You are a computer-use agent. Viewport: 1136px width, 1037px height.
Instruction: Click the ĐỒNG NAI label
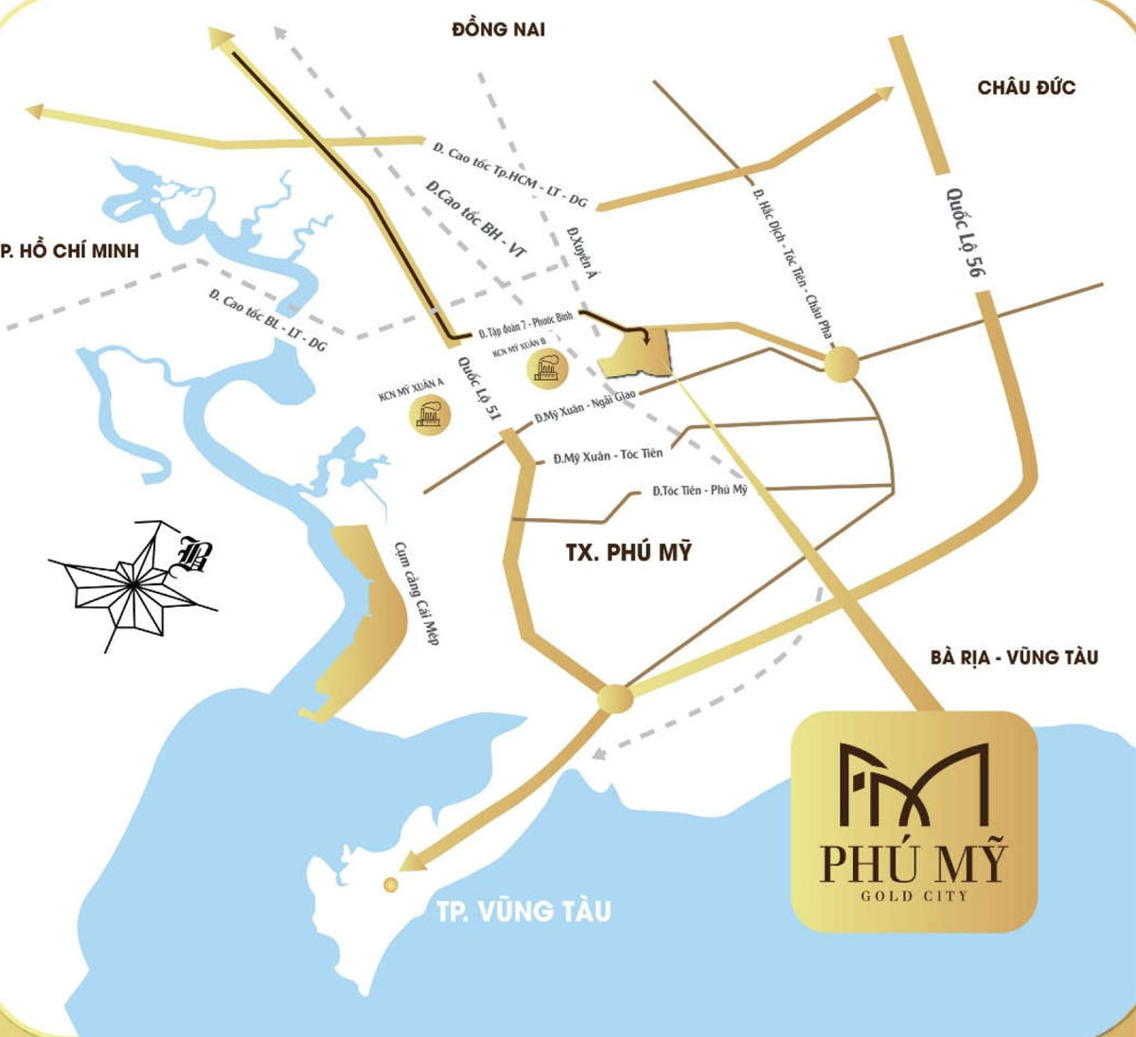[x=498, y=29]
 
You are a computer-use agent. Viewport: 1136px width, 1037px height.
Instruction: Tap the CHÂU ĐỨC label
[x=1026, y=87]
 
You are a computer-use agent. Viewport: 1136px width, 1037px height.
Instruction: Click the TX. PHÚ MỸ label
[x=629, y=551]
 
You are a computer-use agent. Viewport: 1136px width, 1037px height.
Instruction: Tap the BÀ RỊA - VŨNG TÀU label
[x=1014, y=656]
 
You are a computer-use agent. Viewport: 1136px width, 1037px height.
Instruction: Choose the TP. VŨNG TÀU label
[x=524, y=911]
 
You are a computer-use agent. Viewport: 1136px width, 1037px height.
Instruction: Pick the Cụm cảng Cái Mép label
[x=417, y=593]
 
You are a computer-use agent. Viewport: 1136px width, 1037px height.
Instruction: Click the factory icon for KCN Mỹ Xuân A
[x=428, y=414]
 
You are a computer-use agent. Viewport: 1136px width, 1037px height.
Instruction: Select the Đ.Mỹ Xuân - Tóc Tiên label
[x=608, y=456]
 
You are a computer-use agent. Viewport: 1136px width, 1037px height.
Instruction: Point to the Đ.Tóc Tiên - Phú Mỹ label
[x=700, y=490]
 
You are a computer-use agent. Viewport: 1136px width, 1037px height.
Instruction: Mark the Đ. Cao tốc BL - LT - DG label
[x=267, y=320]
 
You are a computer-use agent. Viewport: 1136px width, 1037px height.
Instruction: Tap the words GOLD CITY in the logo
[x=914, y=896]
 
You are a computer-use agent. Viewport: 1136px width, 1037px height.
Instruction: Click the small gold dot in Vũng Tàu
[x=390, y=884]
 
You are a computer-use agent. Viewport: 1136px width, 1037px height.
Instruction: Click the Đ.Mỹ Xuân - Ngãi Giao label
[x=585, y=406]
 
